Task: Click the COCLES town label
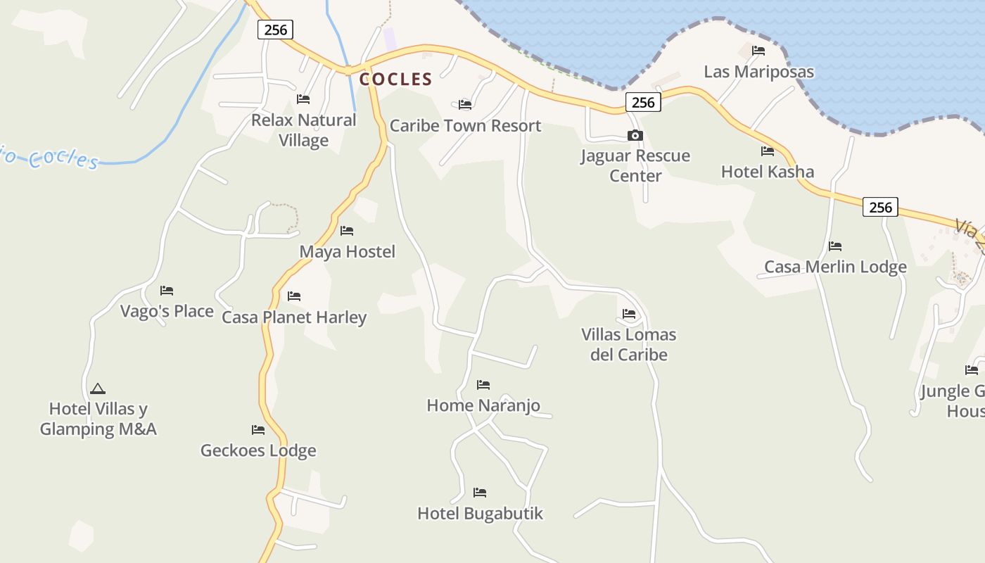(395, 80)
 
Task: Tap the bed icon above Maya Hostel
(347, 231)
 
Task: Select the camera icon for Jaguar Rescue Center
(635, 136)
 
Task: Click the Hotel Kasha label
(768, 172)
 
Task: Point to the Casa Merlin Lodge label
(835, 267)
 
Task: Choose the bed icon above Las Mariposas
(758, 51)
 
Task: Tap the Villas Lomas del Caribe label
(628, 344)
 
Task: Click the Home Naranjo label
(483, 405)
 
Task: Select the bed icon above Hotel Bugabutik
(480, 493)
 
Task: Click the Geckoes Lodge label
(258, 450)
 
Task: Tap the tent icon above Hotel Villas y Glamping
(98, 388)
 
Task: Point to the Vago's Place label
(167, 311)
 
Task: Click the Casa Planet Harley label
(294, 317)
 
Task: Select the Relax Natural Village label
(304, 130)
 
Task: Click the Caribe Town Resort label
(465, 126)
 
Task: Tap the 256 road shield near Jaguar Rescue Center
(643, 103)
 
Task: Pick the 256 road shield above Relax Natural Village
(275, 30)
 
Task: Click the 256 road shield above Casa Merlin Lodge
(880, 207)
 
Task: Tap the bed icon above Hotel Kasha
(768, 151)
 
